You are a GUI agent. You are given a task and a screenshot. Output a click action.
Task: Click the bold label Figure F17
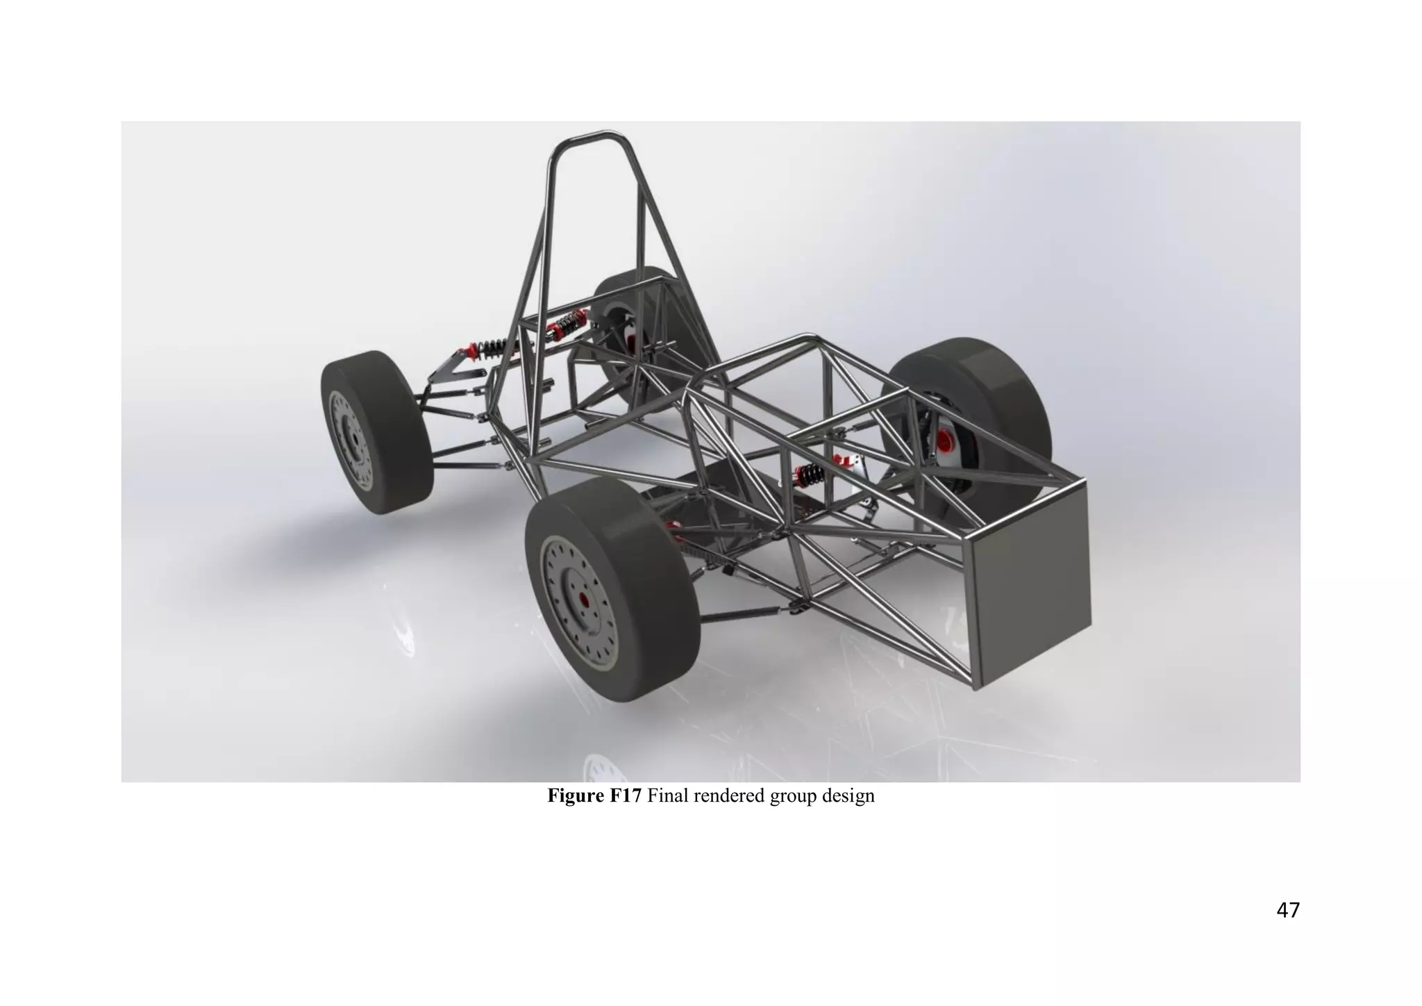click(595, 796)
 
